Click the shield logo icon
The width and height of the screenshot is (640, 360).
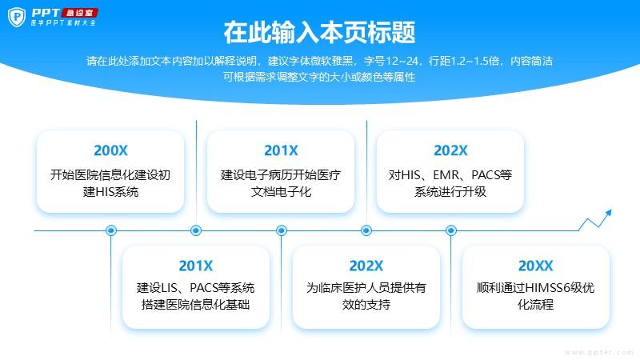pyautogui.click(x=17, y=17)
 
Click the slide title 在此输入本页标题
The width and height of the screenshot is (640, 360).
pyautogui.click(x=319, y=32)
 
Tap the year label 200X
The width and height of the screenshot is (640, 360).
pyautogui.click(x=110, y=150)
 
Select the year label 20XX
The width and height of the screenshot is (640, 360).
pyautogui.click(x=535, y=266)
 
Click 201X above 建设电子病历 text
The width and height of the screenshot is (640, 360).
pyautogui.click(x=281, y=150)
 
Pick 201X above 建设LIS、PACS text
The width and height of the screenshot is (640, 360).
pyautogui.click(x=195, y=266)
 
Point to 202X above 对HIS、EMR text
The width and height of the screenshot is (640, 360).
pyautogui.click(x=450, y=150)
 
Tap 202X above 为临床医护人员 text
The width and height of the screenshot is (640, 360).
pyautogui.click(x=366, y=266)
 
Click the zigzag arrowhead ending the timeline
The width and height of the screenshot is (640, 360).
pyautogui.click(x=609, y=213)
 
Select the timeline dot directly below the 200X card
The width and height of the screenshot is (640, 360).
pyautogui.click(x=111, y=230)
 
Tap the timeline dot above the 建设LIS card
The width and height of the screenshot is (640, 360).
pyautogui.click(x=196, y=230)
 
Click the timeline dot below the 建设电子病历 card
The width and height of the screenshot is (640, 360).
pyautogui.click(x=282, y=230)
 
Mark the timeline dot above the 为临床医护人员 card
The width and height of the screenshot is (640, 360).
pyautogui.click(x=366, y=230)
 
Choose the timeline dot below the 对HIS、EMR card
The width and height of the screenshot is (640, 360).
pyautogui.click(x=451, y=230)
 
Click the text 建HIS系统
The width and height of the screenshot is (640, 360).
pyautogui.click(x=110, y=191)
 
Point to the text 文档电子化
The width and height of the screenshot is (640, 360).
pyautogui.click(x=281, y=191)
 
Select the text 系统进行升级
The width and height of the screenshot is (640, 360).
pyautogui.click(x=450, y=191)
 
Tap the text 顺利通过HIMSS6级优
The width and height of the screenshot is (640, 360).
pyautogui.click(x=535, y=288)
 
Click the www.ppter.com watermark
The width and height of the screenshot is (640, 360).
pyautogui.click(x=598, y=352)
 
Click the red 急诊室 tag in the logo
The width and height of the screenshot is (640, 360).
pyautogui.click(x=79, y=13)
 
